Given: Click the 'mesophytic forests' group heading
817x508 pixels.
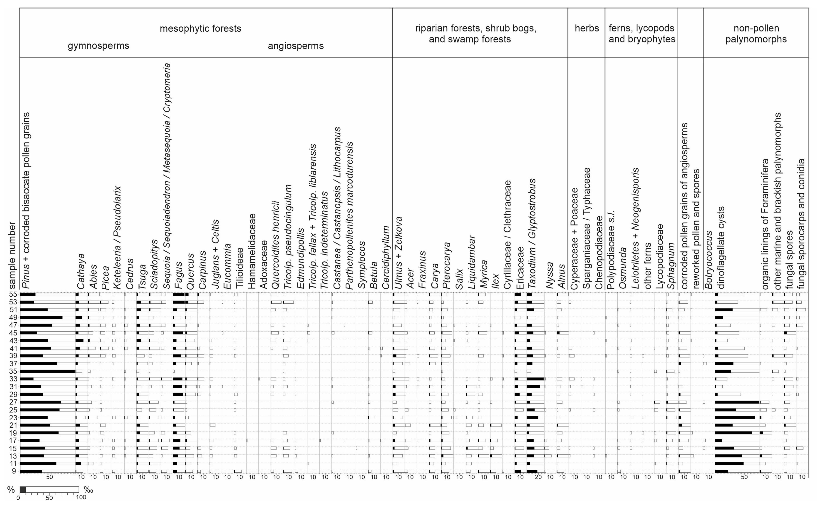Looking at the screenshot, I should pyautogui.click(x=200, y=29).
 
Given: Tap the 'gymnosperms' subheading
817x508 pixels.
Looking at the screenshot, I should pyautogui.click(x=98, y=46).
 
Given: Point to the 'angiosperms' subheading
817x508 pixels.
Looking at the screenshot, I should pyautogui.click(x=296, y=46).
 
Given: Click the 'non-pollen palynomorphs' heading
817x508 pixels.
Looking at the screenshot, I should pyautogui.click(x=756, y=34).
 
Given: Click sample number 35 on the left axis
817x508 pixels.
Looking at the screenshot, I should pyautogui.click(x=13, y=372).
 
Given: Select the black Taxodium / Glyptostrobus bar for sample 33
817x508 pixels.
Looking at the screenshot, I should pyautogui.click(x=535, y=379).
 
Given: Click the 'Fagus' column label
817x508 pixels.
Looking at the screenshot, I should pyautogui.click(x=179, y=275).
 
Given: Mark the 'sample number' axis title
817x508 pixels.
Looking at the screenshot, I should pyautogui.click(x=12, y=255).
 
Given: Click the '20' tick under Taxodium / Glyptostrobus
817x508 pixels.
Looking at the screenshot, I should pyautogui.click(x=538, y=477).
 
